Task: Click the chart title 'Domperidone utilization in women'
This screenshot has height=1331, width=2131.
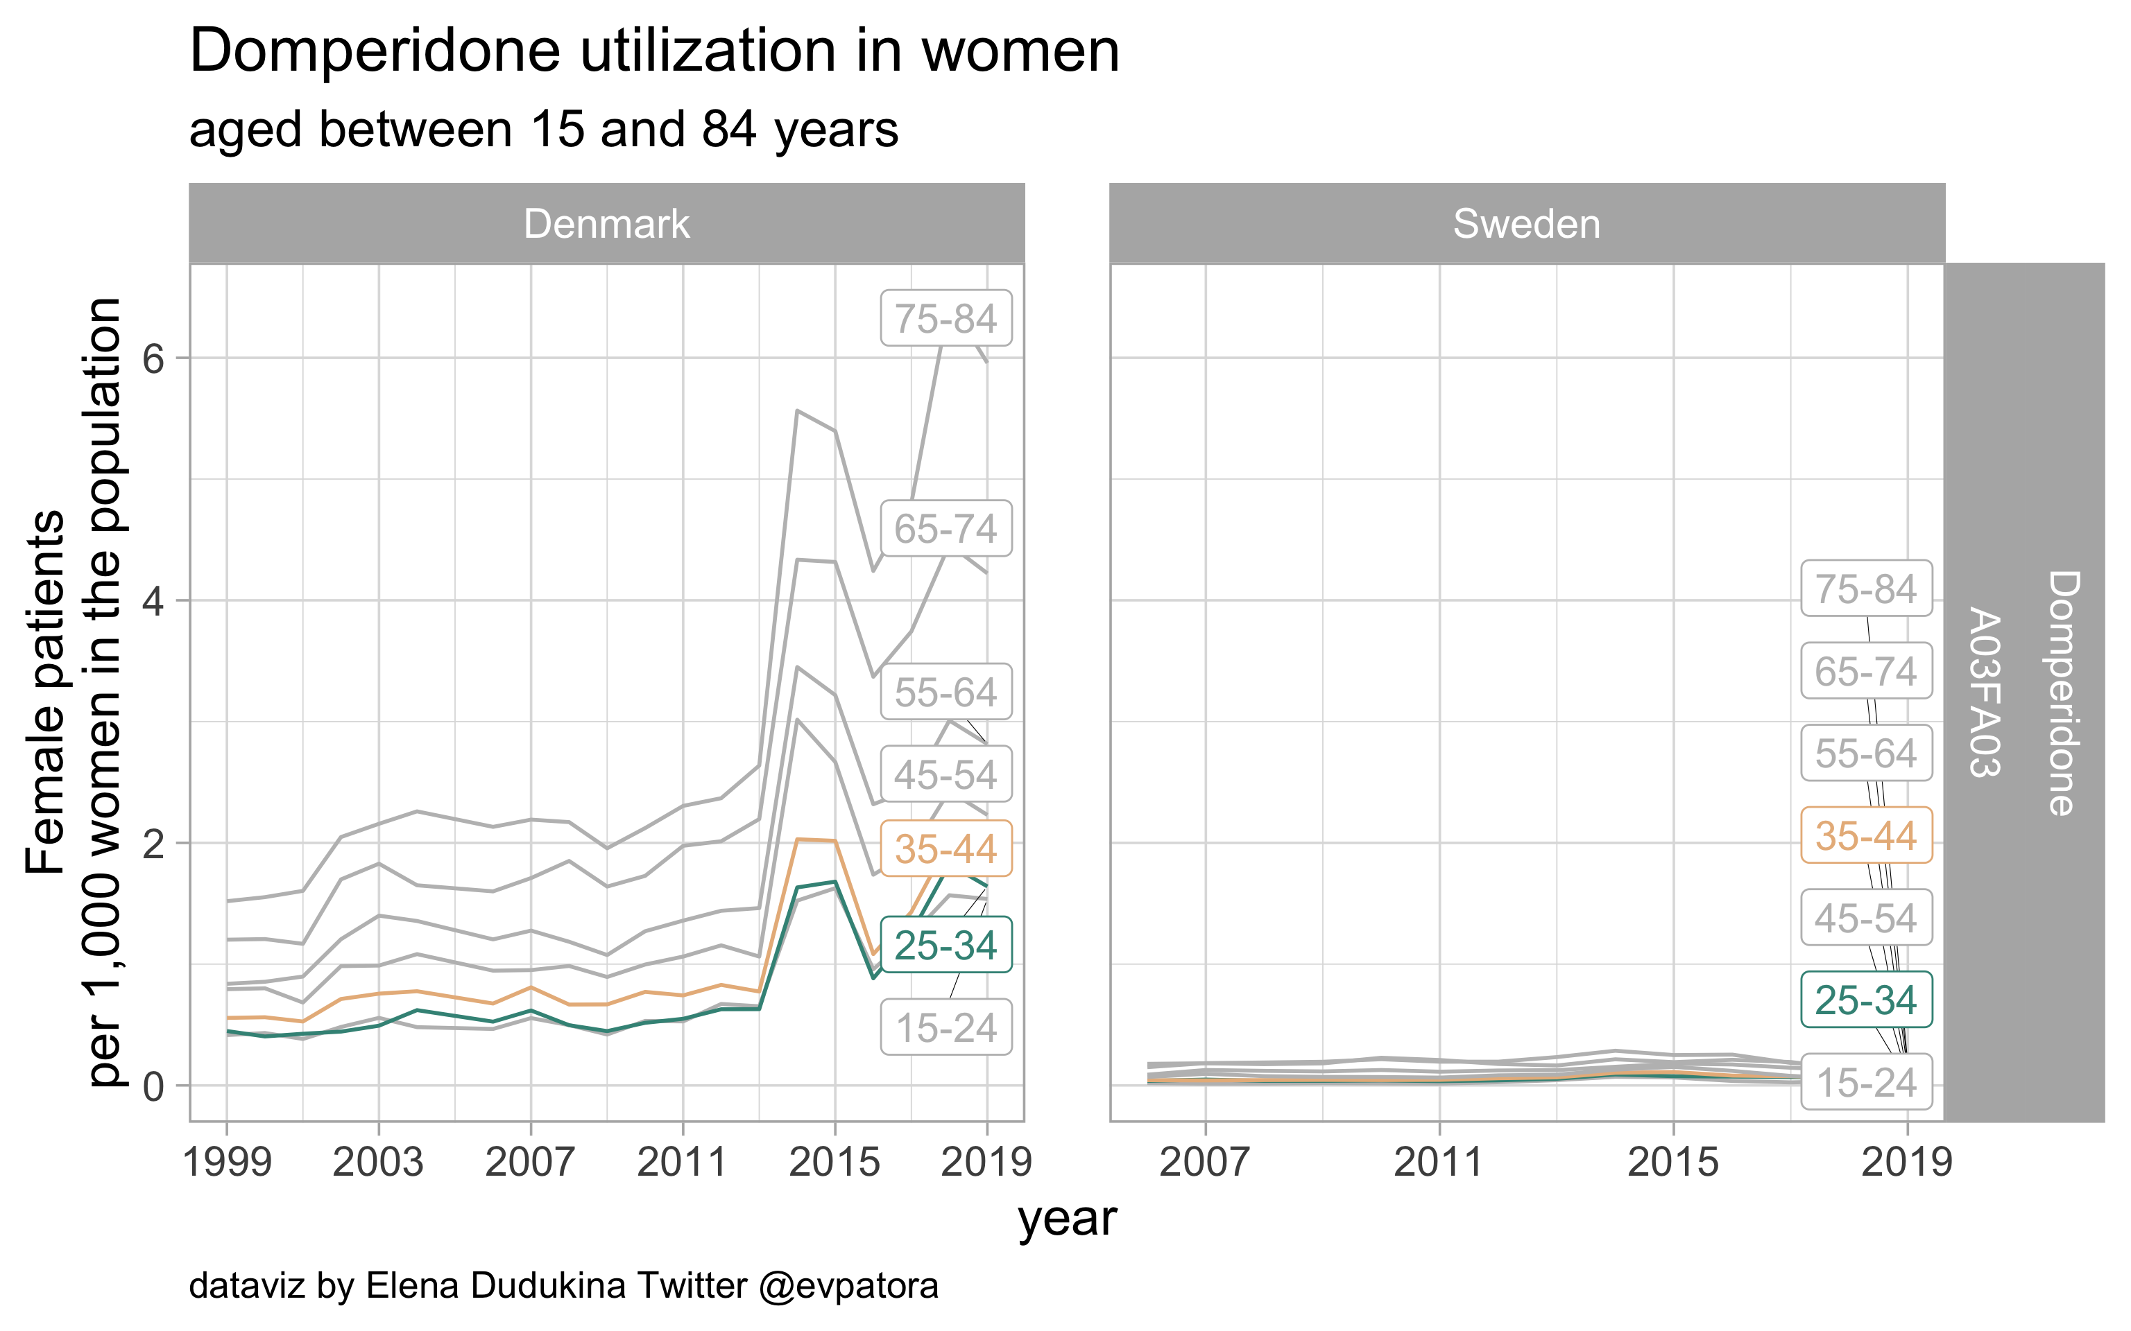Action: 653,51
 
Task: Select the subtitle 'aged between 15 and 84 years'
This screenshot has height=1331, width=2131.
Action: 543,130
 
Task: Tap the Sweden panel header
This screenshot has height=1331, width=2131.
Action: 1526,224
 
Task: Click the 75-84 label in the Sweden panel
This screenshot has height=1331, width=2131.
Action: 1866,588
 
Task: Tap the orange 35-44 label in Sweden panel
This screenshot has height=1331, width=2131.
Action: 1866,835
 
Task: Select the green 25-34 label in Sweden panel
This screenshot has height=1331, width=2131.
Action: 1866,999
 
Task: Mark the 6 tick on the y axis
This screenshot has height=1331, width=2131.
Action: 153,358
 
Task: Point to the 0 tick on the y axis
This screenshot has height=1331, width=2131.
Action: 153,1086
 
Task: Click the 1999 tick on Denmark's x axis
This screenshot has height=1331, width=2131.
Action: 228,1163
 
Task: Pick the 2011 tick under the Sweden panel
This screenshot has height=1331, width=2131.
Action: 1439,1163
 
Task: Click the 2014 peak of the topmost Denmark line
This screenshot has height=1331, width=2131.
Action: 796,411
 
